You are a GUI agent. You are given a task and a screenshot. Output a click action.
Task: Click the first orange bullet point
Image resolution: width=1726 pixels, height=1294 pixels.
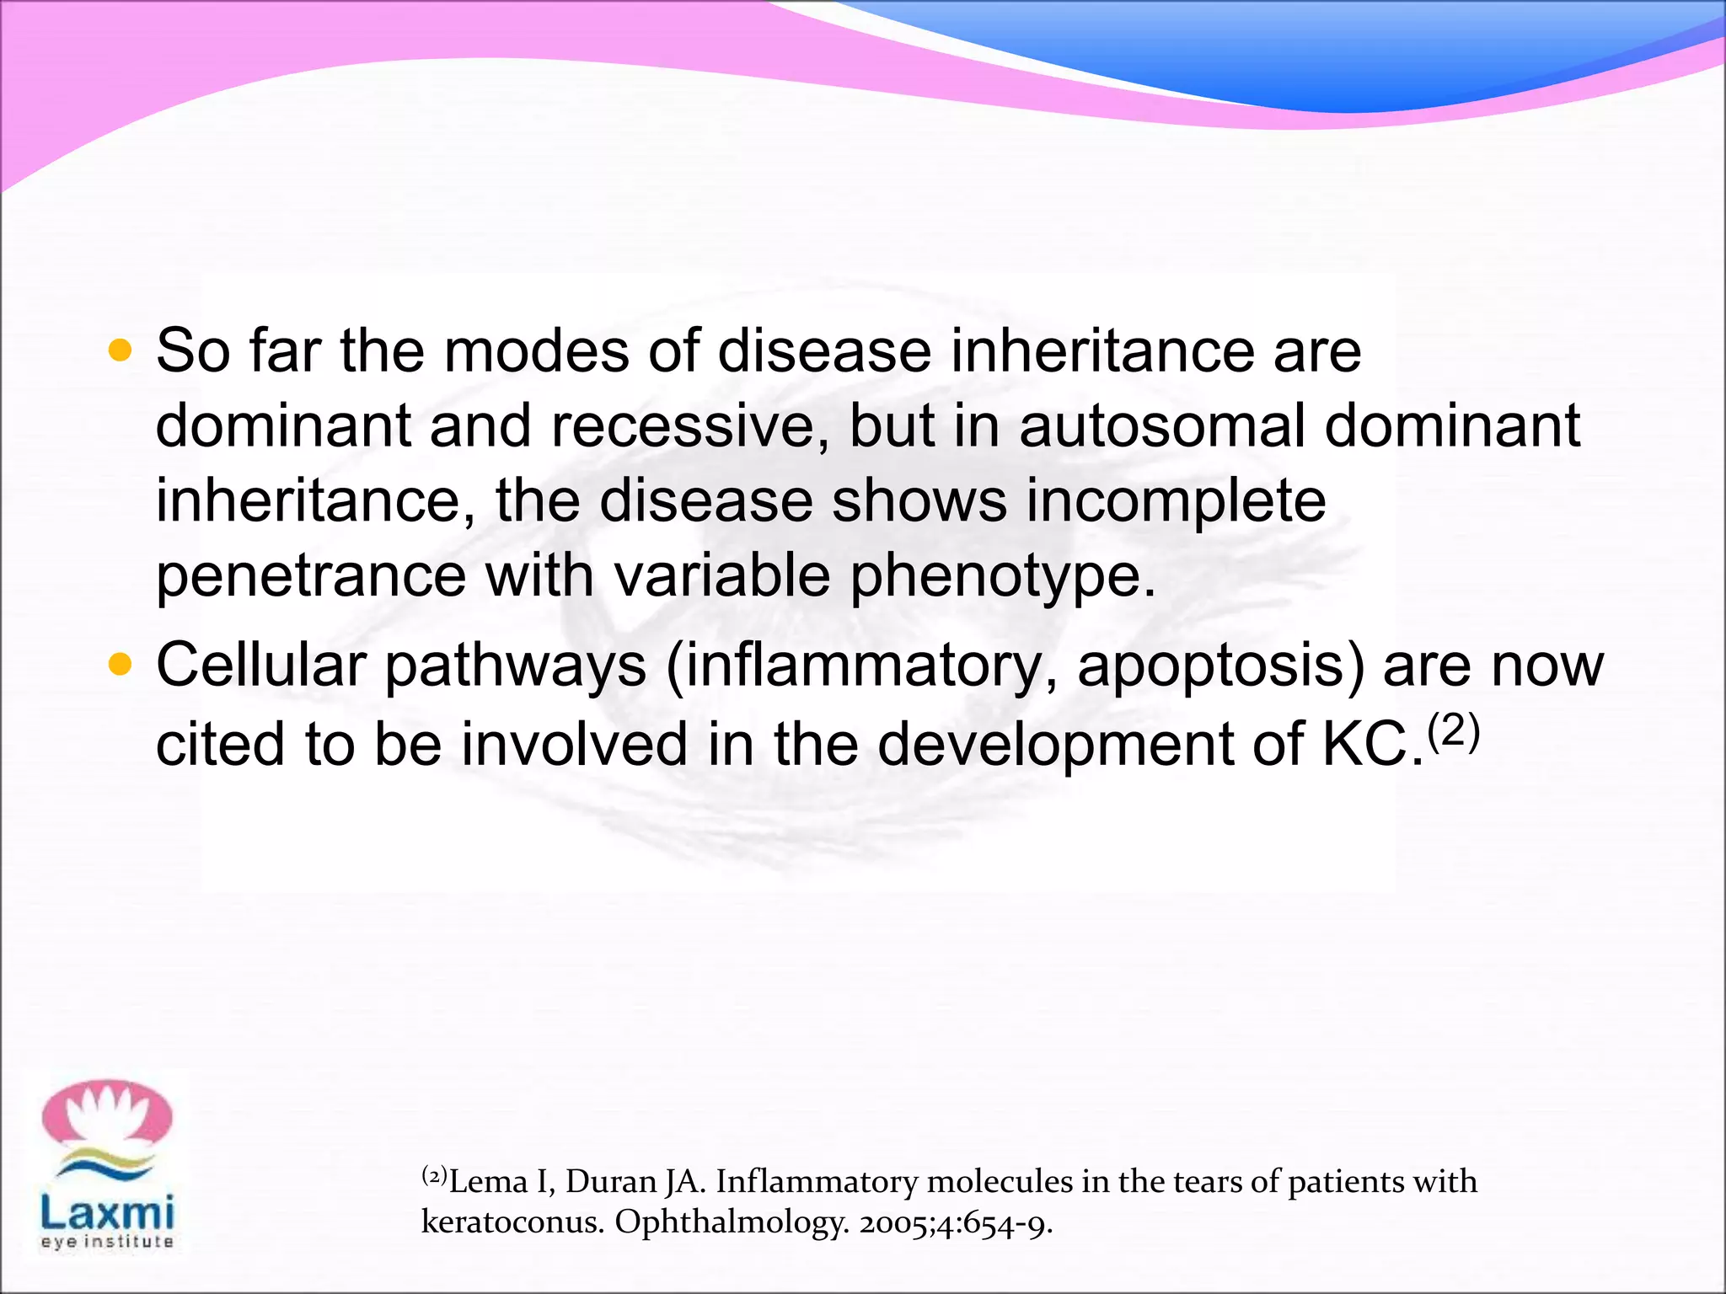click(x=121, y=350)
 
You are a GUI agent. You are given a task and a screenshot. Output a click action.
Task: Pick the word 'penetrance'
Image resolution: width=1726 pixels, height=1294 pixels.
click(x=310, y=576)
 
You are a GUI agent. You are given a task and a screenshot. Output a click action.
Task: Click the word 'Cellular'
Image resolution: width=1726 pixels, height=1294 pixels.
click(x=260, y=666)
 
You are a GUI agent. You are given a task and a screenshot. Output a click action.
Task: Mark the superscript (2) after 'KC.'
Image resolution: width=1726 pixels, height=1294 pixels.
click(x=1454, y=731)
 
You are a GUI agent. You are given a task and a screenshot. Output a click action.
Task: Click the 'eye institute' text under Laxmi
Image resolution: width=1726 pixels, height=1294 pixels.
click(x=107, y=1241)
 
